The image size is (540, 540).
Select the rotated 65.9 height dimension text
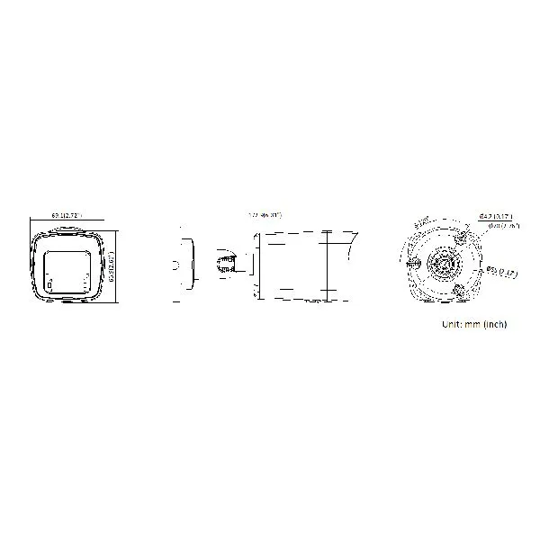point(111,266)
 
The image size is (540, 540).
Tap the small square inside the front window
point(51,286)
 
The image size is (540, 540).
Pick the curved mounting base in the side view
point(184,264)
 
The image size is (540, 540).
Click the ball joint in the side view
point(222,262)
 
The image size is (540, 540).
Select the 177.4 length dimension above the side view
point(265,215)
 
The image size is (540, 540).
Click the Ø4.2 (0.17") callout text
point(494,215)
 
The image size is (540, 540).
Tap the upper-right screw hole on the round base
point(460,238)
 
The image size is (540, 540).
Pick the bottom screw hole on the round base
point(460,290)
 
